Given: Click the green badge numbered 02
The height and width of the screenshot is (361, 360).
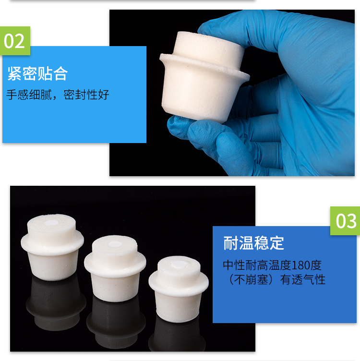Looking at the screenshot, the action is coord(15,41).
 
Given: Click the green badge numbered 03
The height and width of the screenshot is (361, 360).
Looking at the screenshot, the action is coord(345,221).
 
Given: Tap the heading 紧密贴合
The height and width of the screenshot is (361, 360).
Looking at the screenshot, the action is coord(37,73).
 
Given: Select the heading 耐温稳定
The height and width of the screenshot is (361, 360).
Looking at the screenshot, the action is coord(253,243).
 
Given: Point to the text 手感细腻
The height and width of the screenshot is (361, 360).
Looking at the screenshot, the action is coord(29,95).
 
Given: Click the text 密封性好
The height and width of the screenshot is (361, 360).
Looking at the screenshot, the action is coord(86,95).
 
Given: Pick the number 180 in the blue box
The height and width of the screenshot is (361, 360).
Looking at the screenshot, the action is coord(300,265).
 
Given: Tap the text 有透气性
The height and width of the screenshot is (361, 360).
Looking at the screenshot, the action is coord(303,279).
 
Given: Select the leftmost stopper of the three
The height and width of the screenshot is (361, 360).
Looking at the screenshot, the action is coord(52,248).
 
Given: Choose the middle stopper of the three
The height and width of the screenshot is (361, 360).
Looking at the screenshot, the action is coord(115,268).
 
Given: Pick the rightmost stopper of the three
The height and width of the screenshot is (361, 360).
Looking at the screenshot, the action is coord(179,289).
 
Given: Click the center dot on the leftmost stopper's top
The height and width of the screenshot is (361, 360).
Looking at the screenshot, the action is coord(51,222).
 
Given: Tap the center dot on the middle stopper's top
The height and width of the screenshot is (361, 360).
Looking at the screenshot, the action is coord(115,244).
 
